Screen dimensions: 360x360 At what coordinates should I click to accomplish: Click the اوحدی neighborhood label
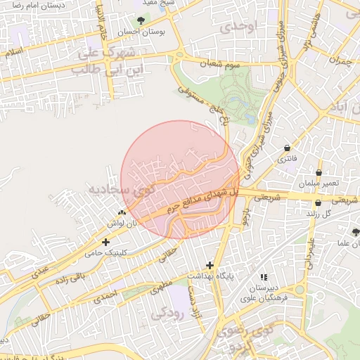tap(239, 27)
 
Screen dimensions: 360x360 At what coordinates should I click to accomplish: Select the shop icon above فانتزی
tap(288, 148)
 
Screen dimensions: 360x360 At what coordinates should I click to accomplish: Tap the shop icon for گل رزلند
tap(319, 202)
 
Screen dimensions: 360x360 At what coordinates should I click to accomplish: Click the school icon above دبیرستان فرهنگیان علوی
tap(264, 277)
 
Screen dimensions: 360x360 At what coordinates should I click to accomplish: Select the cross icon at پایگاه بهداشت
tap(210, 265)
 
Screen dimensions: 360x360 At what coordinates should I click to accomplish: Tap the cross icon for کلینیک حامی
tap(105, 242)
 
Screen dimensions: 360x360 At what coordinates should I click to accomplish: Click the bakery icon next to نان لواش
tap(123, 212)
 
